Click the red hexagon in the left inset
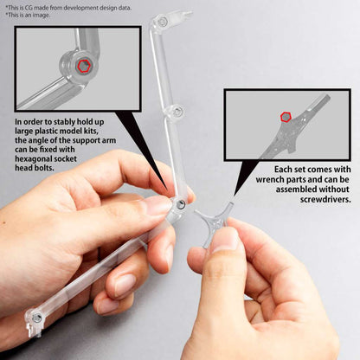click(83, 66)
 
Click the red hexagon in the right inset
click(286, 117)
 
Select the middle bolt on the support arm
click(177, 111)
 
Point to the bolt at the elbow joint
click(180, 203)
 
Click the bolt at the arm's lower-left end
click(35, 318)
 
